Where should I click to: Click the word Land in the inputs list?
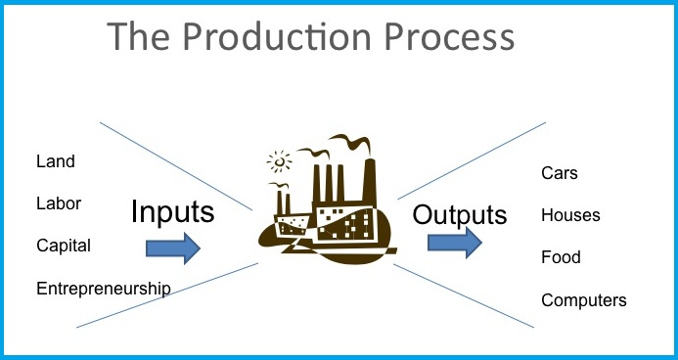55,161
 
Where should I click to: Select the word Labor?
59,203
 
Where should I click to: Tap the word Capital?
64,246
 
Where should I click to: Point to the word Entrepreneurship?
103,289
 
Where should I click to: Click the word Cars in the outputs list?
560,173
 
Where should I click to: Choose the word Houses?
570,215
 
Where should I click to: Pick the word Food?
561,257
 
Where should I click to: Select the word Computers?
583,300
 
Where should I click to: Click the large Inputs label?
172,212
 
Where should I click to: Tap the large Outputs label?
460,214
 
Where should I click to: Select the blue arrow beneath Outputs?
455,242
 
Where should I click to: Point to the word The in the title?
139,37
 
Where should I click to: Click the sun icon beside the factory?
280,160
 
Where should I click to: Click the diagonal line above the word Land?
147,147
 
